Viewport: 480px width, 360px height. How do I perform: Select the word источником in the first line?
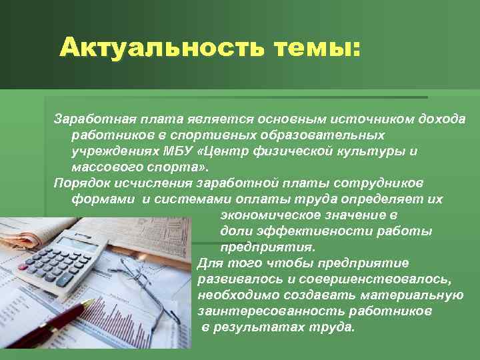(x=374, y=119)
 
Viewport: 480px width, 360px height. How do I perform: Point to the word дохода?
(x=442, y=119)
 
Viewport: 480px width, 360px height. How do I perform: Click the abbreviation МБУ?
(x=177, y=151)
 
